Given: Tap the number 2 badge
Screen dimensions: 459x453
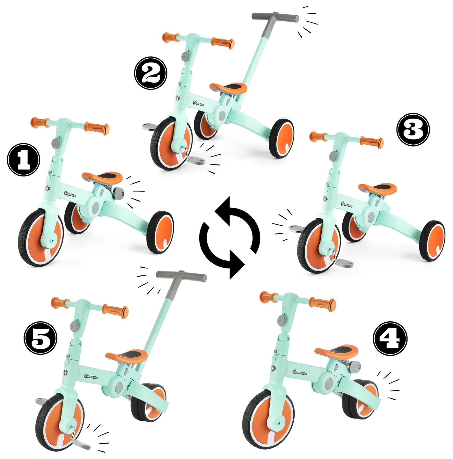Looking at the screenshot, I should click(150, 73).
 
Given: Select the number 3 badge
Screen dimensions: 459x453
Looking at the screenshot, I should click(413, 130).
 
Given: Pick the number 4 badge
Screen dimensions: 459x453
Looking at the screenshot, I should click(390, 339).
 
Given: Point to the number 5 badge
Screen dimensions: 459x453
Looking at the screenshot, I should click(40, 338).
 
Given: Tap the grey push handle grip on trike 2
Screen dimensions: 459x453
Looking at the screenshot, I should click(275, 17).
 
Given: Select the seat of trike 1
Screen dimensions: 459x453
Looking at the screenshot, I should click(102, 177).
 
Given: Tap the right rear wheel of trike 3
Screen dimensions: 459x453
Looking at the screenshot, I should click(432, 241).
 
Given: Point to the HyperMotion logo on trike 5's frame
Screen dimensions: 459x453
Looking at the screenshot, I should click(91, 377).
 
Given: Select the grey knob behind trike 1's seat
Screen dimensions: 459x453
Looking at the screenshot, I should click(119, 192).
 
